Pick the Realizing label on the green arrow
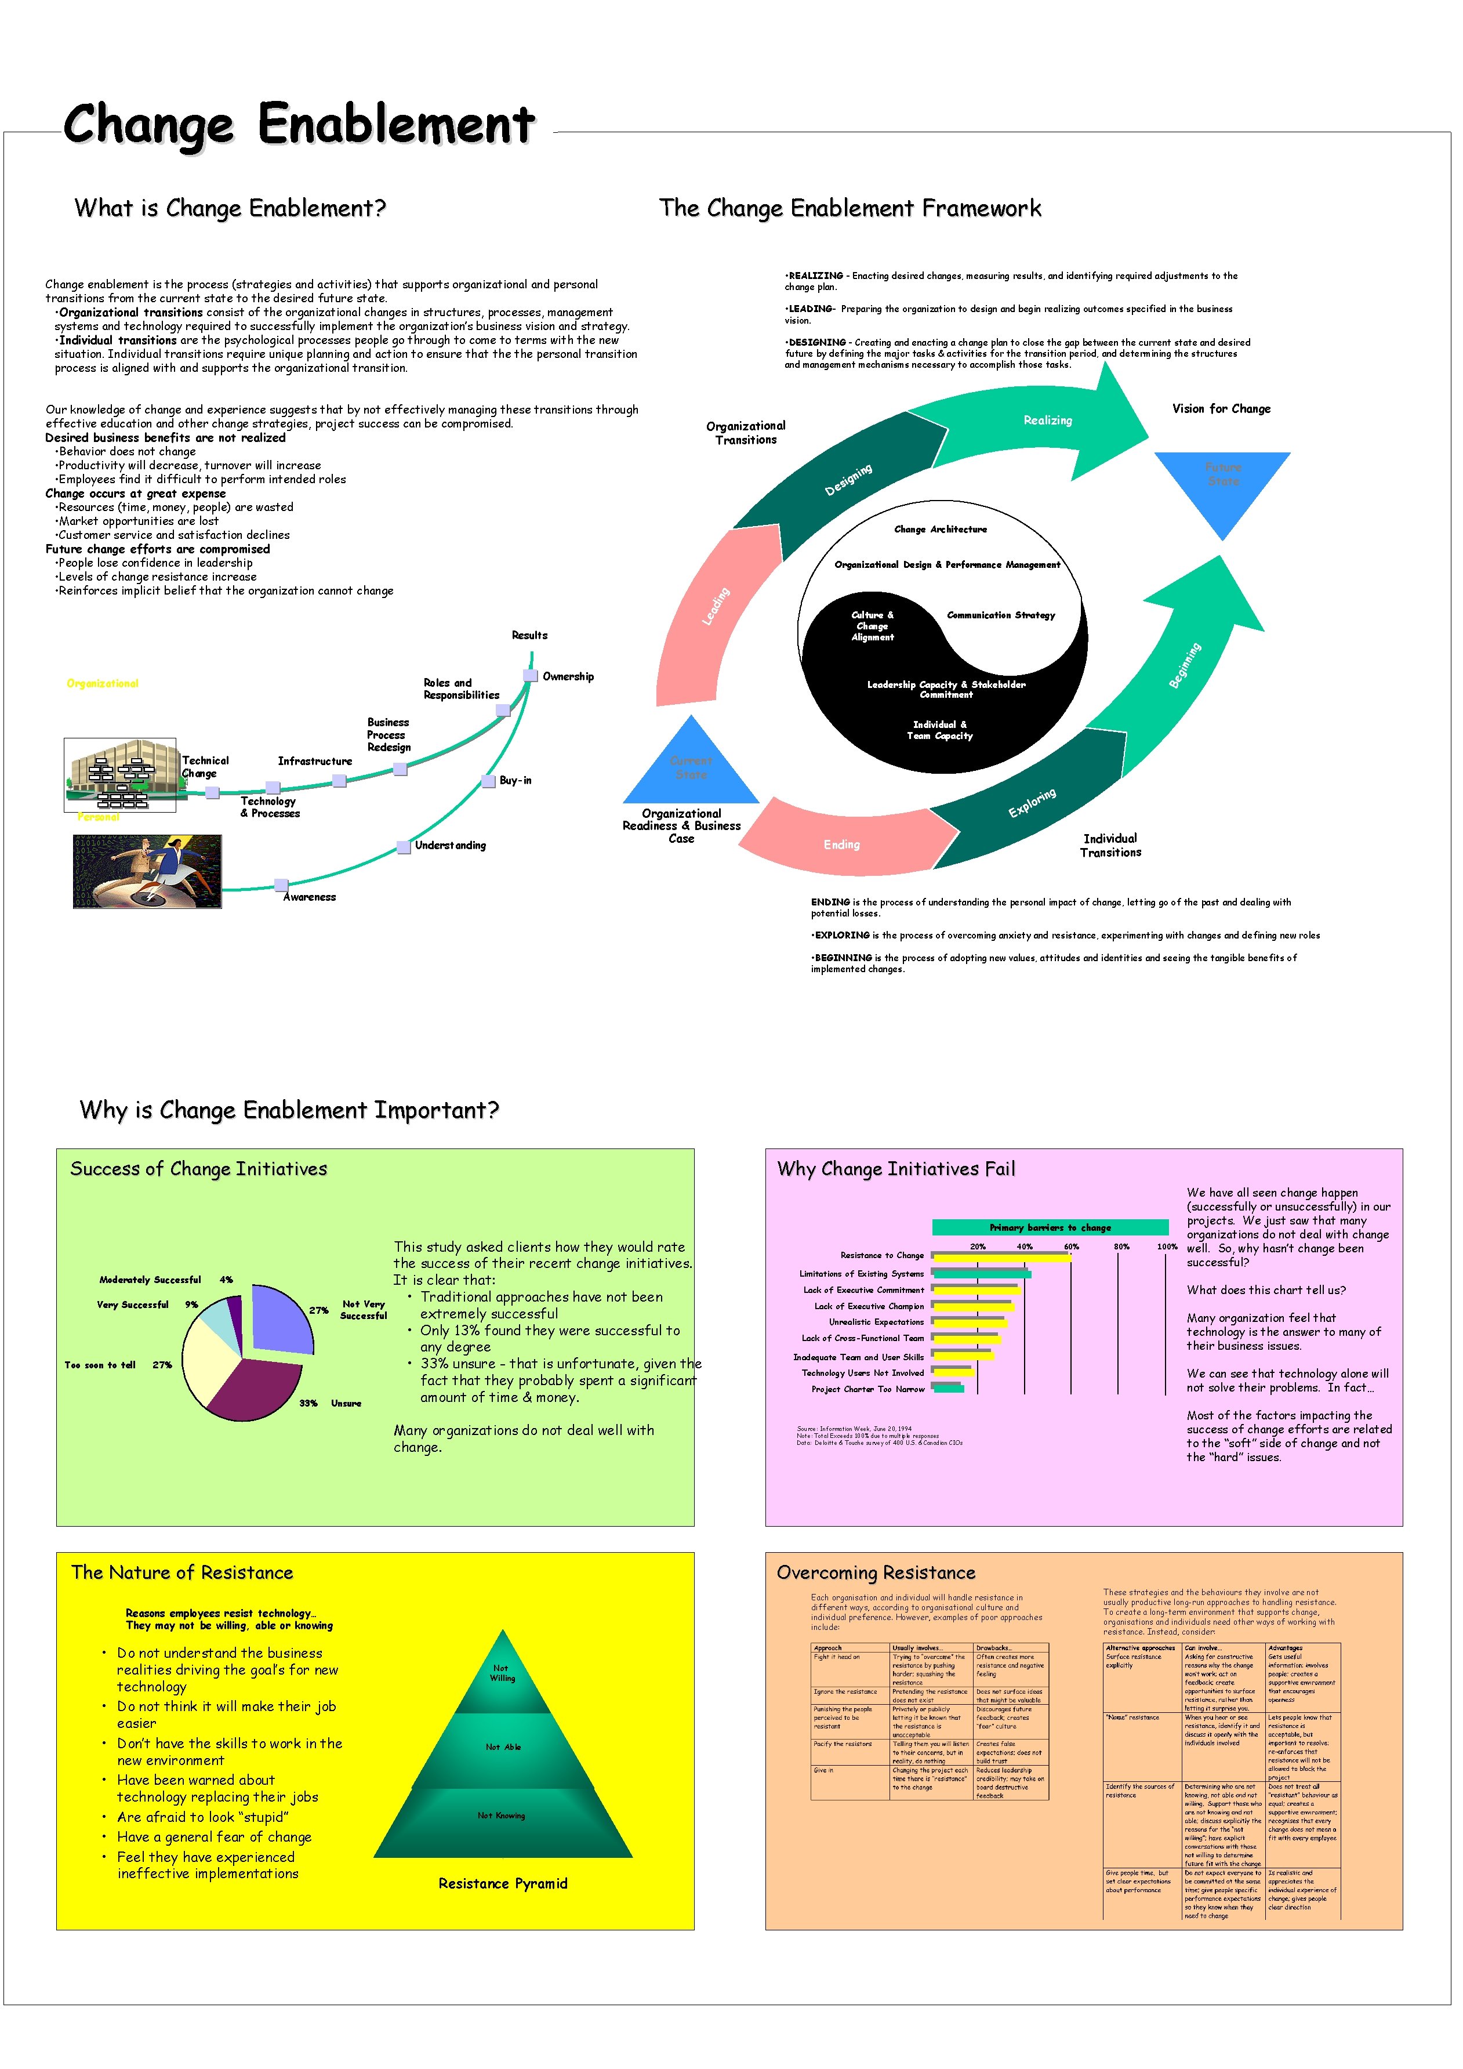(x=1048, y=420)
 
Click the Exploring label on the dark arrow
(x=1032, y=803)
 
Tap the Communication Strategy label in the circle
(x=1001, y=615)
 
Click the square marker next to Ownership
(x=531, y=676)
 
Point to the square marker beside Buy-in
(x=488, y=780)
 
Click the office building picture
(x=121, y=775)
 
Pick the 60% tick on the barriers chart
(x=1071, y=1247)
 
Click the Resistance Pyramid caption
(x=503, y=1883)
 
